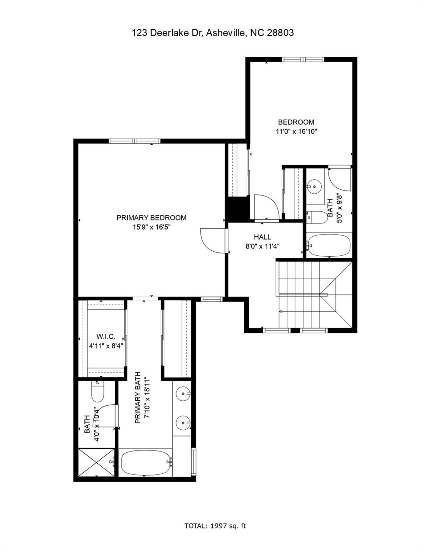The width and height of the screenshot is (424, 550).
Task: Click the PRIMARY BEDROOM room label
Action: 151,218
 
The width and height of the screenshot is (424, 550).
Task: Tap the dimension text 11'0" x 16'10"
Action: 296,131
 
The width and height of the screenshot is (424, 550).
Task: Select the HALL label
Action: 262,237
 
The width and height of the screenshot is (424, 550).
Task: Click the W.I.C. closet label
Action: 106,337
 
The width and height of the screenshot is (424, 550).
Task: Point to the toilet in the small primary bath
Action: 97,393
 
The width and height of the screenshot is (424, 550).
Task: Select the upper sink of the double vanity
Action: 183,394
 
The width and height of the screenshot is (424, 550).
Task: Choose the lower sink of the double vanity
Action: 183,423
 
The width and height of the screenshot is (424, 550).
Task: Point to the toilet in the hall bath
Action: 317,217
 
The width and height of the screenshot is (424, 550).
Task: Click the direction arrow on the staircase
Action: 282,311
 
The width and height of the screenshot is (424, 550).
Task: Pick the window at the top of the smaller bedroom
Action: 303,59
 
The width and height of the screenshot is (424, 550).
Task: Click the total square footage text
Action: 215,526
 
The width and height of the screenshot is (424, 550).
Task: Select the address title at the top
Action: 213,33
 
